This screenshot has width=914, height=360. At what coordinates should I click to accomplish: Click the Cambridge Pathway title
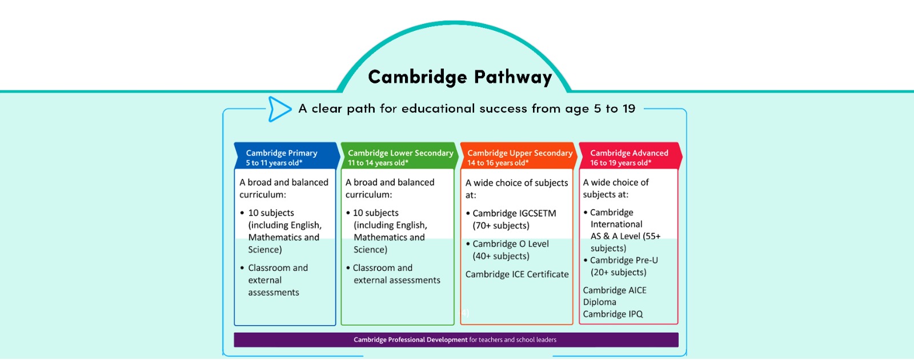click(x=460, y=77)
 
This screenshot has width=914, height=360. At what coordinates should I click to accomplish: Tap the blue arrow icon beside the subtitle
click(x=279, y=109)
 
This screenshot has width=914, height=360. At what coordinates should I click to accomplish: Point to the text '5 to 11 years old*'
click(x=274, y=163)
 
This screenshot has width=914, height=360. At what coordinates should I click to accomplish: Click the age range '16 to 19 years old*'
click(x=620, y=163)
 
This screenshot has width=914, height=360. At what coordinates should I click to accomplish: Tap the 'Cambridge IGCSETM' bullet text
click(x=514, y=213)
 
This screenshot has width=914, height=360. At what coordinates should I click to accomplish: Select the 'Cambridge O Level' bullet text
click(x=511, y=244)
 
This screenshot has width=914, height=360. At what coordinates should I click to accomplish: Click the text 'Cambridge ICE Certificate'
click(x=517, y=274)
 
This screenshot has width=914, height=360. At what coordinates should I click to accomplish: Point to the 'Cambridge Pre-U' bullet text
click(x=624, y=260)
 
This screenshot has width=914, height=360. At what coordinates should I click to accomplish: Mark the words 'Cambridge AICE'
click(x=615, y=290)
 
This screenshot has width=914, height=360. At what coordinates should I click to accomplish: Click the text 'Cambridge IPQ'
click(x=613, y=314)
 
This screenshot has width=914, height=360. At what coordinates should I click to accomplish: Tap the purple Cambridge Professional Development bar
click(x=456, y=340)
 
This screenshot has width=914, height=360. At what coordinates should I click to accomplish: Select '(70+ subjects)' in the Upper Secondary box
click(x=501, y=226)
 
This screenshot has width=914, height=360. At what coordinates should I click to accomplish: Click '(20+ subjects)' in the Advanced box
click(x=619, y=273)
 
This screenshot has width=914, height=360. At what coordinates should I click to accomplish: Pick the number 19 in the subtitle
click(x=629, y=109)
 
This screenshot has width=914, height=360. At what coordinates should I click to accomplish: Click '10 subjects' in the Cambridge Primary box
click(x=271, y=213)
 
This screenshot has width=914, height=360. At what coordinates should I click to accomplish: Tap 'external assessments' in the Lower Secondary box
click(x=397, y=280)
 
